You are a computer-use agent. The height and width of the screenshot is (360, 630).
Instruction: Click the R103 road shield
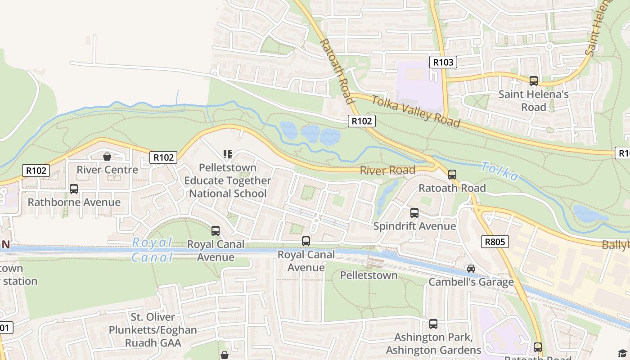[x=443, y=62]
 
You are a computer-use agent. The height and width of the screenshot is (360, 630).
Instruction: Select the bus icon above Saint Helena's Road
[x=533, y=81]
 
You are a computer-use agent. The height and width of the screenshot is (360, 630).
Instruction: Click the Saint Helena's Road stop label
[x=533, y=101]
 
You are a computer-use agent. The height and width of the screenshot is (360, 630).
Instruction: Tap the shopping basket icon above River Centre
[x=107, y=157]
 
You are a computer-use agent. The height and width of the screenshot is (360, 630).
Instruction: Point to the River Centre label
[x=107, y=170]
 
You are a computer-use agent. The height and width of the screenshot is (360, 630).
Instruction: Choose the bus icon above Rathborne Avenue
[x=74, y=189]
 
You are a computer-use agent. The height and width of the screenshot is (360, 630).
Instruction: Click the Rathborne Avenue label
[x=74, y=202]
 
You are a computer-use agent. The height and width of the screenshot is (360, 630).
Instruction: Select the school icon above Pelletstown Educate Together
[x=228, y=155]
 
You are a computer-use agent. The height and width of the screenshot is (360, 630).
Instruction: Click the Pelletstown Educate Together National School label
[x=228, y=180]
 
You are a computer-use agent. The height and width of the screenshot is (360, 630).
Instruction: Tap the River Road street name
[x=387, y=171]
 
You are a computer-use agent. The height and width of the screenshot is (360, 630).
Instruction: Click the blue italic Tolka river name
[x=499, y=171]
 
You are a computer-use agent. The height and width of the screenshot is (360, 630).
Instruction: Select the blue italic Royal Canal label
[x=153, y=250]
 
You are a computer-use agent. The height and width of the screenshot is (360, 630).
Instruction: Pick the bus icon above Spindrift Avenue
[x=414, y=213]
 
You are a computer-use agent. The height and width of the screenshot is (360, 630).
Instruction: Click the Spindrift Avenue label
[x=414, y=226]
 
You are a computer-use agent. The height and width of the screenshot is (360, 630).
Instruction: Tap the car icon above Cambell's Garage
[x=471, y=269]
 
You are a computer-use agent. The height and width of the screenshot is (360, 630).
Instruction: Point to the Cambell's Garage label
[x=471, y=282]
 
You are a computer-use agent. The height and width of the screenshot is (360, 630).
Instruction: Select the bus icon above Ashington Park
[x=433, y=324]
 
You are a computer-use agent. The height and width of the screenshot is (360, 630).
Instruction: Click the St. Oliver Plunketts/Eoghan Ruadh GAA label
[x=153, y=330]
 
